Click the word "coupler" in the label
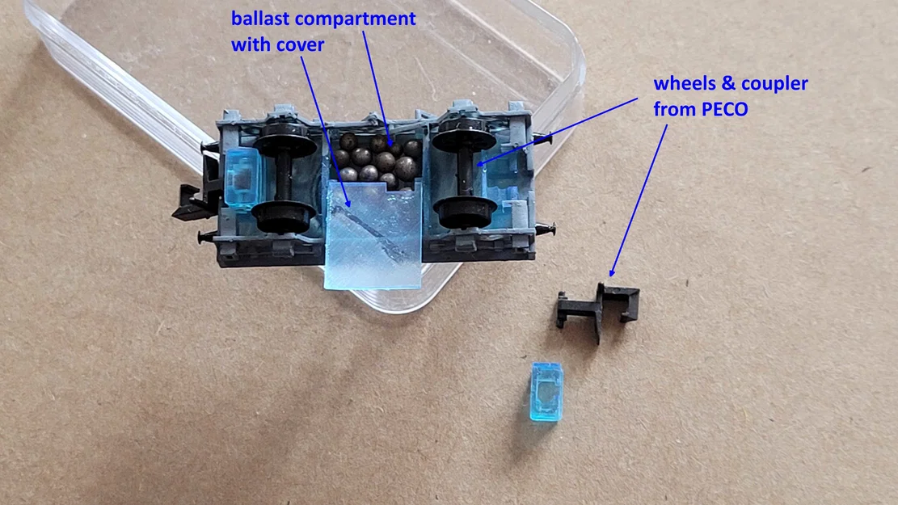774,84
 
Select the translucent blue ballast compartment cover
373,234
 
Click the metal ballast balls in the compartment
377,159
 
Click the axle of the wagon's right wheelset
463,172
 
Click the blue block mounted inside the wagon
242,176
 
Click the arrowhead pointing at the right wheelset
480,164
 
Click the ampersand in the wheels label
728,83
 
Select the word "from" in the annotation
674,109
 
